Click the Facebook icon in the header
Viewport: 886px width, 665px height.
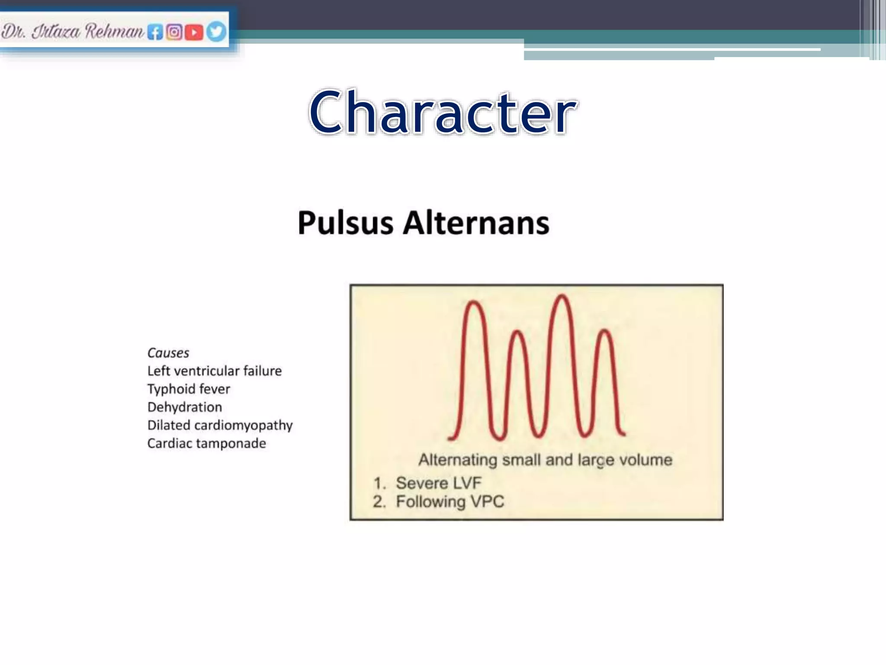coord(155,32)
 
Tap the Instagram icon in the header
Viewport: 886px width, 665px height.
coord(174,32)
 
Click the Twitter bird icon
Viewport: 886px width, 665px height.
coord(215,32)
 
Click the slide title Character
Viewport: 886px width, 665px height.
coord(443,112)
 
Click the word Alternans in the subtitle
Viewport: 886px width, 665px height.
coord(476,223)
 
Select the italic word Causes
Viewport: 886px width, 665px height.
coord(168,353)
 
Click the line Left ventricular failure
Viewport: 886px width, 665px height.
coord(214,371)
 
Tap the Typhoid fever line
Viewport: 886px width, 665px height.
coord(189,389)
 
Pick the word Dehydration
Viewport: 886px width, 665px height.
coord(185,407)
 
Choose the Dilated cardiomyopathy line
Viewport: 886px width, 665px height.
coord(220,426)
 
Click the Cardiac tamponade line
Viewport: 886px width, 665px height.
coord(206,444)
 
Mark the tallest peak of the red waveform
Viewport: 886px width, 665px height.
coord(562,297)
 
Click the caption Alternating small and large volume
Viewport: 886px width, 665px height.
coord(545,460)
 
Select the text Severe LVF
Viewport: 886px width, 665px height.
coord(438,483)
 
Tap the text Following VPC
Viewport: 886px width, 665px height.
coord(450,502)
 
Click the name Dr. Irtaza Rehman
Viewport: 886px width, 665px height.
coord(72,32)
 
